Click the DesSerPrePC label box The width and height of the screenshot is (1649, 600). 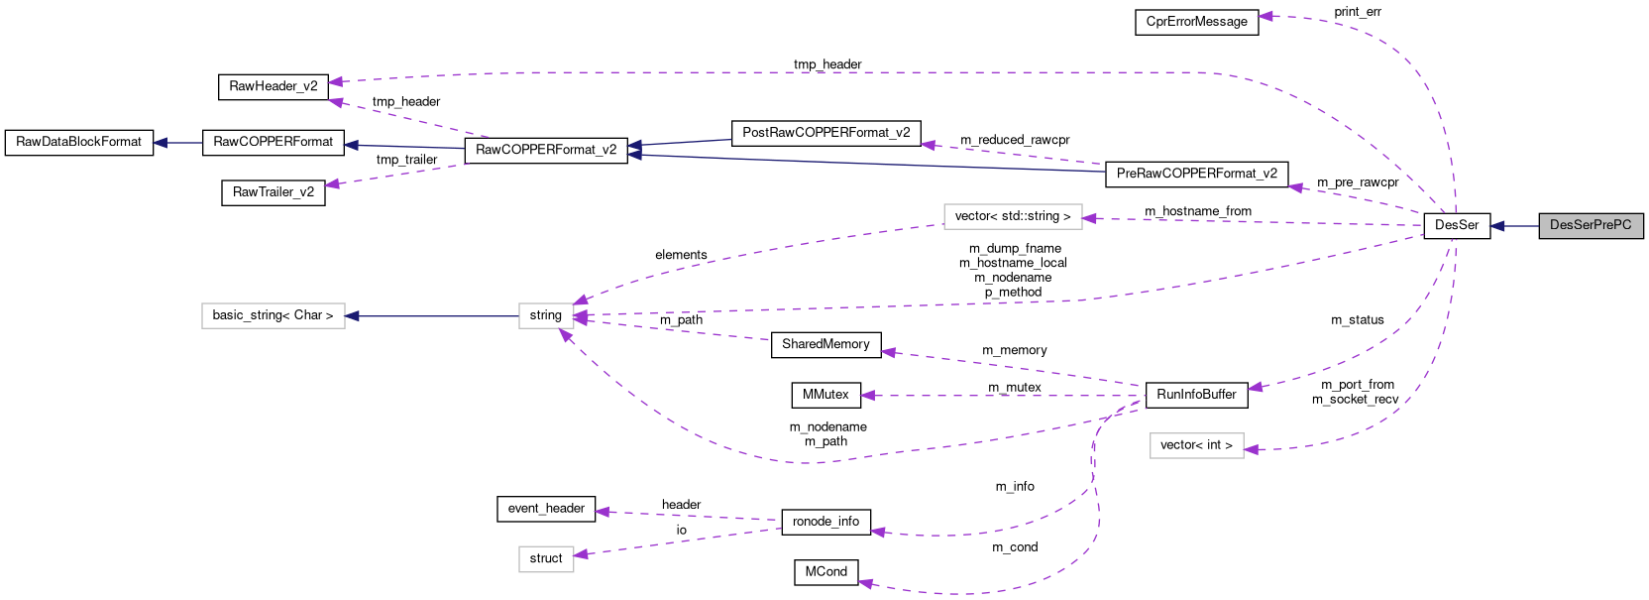point(1591,226)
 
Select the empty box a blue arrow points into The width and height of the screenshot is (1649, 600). point(273,316)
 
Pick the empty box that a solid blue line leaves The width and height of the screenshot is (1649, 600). point(546,316)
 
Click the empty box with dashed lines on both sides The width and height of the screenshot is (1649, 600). point(1012,216)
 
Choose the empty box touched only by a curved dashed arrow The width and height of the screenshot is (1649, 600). point(1196,446)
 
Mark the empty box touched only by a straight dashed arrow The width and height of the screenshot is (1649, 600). point(546,559)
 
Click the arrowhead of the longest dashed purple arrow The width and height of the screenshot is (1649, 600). point(335,81)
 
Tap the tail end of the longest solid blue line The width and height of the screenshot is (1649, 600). point(1104,171)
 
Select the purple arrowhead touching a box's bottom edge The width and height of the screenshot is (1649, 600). point(565,335)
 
